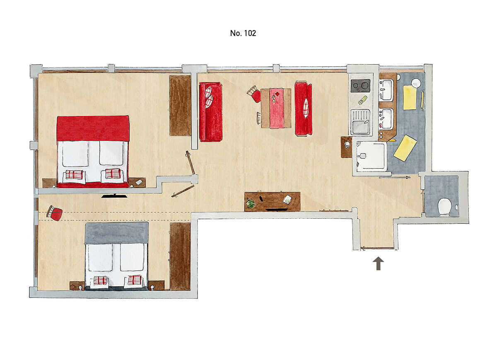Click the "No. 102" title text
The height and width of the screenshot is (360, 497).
coord(243,33)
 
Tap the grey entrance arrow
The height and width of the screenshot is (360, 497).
coord(378,263)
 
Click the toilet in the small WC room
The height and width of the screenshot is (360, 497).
coord(444,207)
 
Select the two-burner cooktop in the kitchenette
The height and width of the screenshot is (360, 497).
coord(361,86)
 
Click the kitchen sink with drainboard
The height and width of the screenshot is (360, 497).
coord(361,122)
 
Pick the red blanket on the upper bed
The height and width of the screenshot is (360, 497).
coord(93,128)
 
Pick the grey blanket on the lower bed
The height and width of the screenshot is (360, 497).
coord(117,233)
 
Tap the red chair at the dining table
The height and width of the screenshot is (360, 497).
coord(254,94)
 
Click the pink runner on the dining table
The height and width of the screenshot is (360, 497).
coord(277,108)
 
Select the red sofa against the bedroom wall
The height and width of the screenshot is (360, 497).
coord(210,112)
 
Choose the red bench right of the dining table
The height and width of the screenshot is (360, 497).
coord(303,109)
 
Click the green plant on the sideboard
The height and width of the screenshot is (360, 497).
coord(251,203)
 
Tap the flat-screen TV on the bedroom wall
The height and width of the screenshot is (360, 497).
coord(114,196)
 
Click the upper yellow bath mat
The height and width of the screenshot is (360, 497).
coord(410,98)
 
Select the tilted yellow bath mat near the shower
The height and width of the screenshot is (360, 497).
coord(405,148)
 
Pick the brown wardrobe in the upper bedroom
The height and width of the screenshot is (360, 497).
coord(180,106)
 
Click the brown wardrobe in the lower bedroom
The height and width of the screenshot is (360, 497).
coord(180,256)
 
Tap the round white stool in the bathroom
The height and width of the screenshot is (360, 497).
coord(416,83)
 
